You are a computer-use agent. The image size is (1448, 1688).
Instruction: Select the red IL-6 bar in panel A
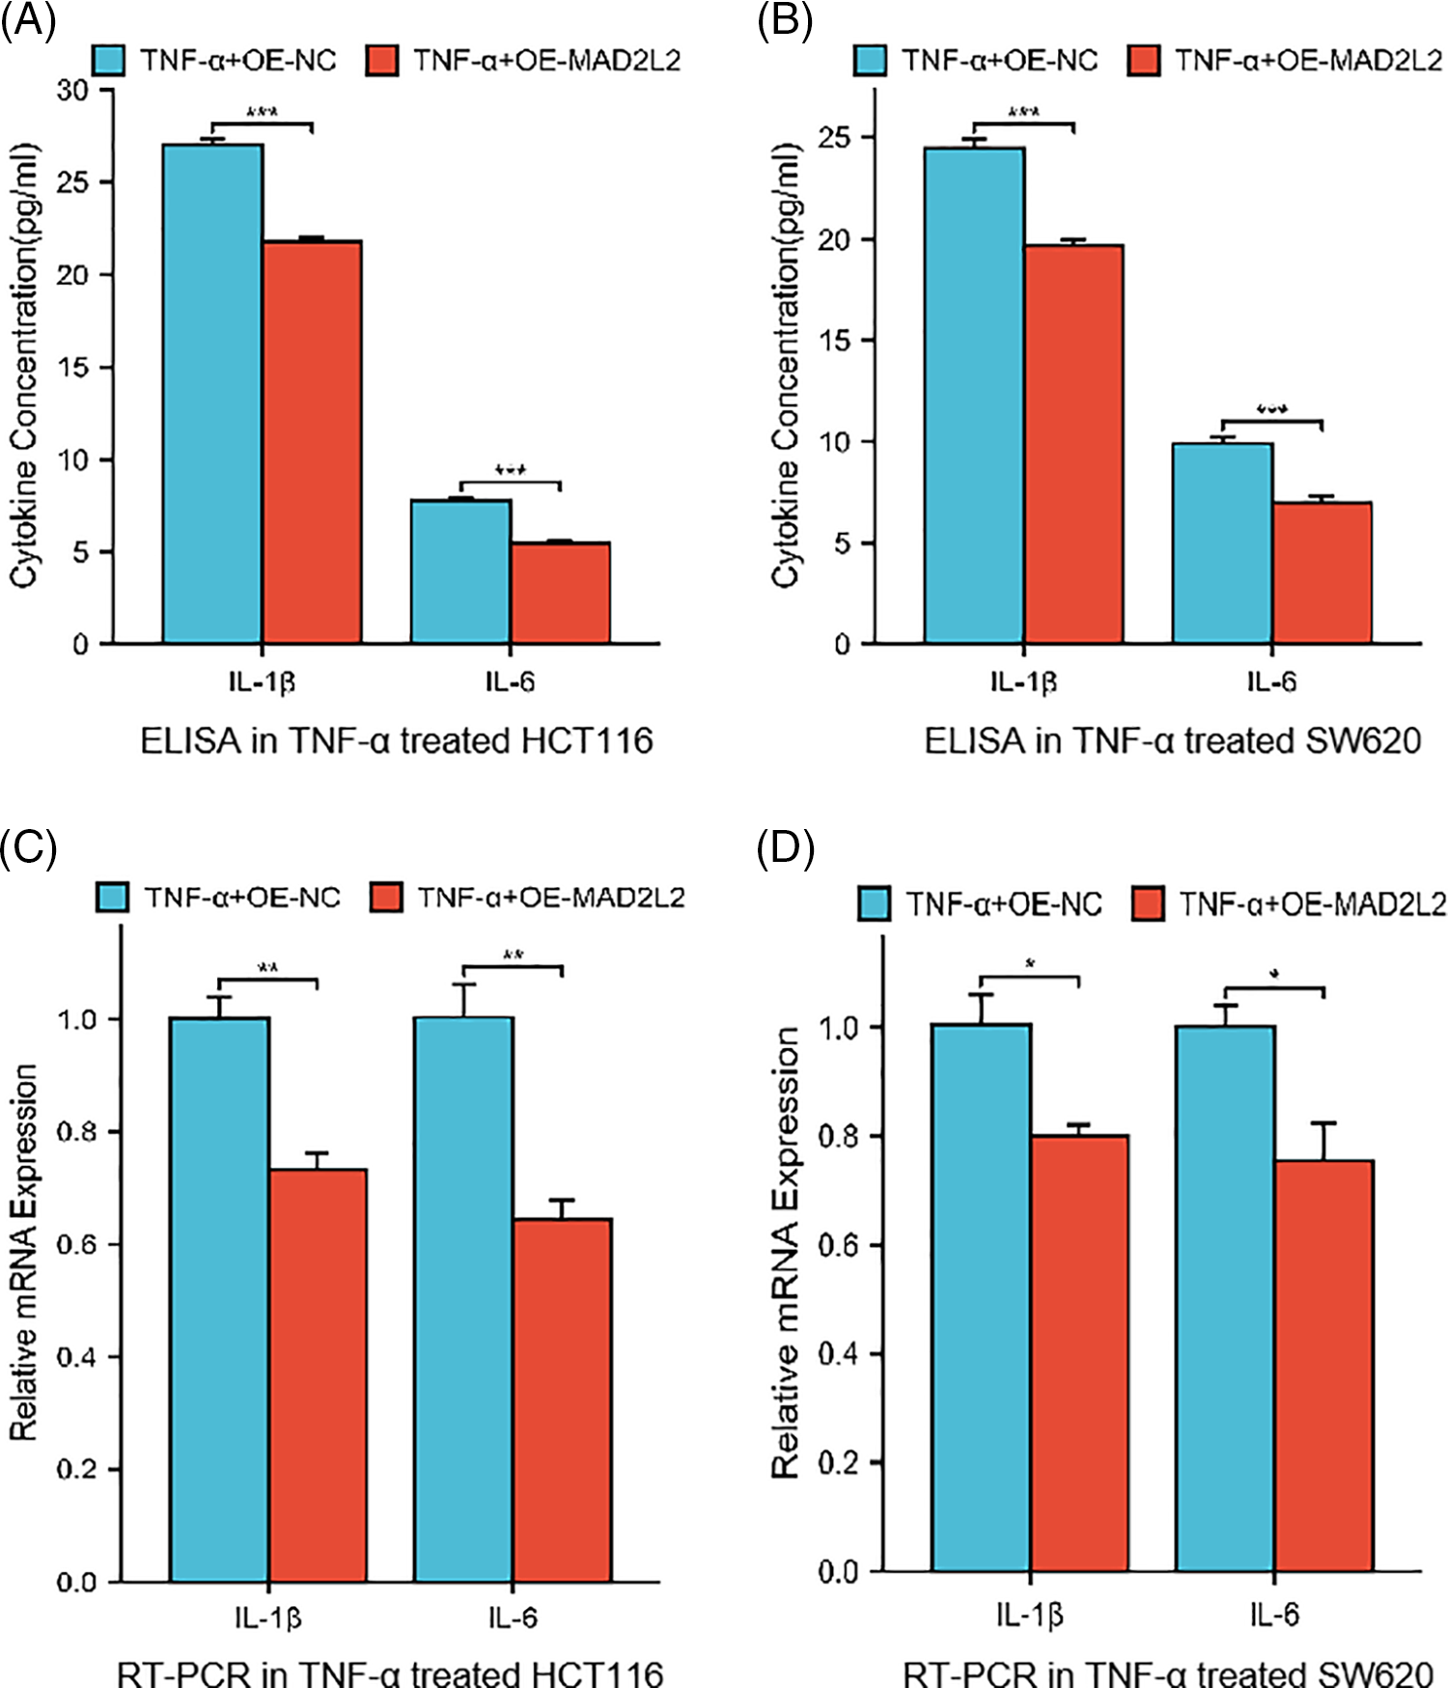560,593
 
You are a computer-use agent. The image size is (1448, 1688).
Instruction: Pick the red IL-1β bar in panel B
1073,444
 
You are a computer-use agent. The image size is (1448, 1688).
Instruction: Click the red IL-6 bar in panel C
562,1399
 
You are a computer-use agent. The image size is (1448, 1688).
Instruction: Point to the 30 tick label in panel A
72,91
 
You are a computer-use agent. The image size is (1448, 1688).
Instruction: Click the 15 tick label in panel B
834,341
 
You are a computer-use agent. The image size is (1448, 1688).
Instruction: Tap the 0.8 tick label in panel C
76,1132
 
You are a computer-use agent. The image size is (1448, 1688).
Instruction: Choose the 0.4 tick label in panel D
837,1354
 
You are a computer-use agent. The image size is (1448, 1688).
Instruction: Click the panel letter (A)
28,20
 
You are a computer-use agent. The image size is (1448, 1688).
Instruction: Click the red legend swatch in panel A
382,60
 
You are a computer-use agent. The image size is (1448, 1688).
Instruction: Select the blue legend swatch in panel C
112,898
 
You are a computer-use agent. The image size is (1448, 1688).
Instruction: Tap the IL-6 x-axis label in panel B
1271,682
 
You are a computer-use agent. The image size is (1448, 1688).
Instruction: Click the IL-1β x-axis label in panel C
267,1618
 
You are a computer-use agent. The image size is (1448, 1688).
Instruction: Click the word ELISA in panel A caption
190,741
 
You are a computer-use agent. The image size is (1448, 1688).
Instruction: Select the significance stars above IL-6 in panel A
510,470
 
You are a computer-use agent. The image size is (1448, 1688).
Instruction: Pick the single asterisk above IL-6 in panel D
1274,976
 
